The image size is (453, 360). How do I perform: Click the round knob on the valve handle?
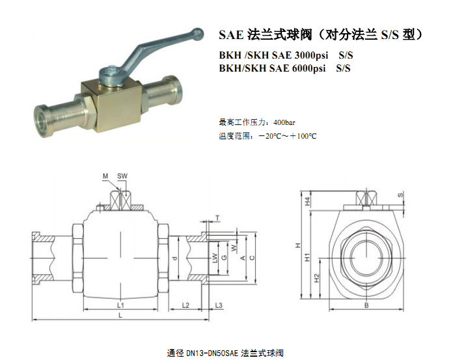[x=198, y=33]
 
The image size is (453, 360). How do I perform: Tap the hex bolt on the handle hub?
[x=113, y=70]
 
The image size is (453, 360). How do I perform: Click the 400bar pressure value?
[x=284, y=122]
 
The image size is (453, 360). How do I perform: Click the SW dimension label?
[x=122, y=176]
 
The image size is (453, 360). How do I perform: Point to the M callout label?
[x=105, y=176]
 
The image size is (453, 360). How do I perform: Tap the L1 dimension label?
[x=120, y=305]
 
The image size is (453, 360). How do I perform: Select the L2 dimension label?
[x=185, y=305]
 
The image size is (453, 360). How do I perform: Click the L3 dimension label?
[x=219, y=305]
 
